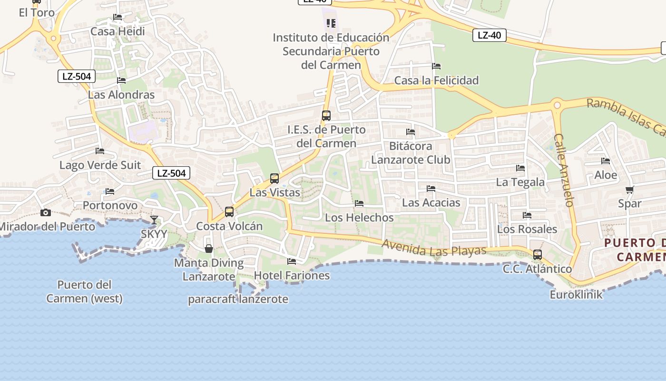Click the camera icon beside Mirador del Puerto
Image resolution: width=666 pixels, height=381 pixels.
coord(45,212)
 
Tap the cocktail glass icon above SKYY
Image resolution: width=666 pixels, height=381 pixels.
coord(154,220)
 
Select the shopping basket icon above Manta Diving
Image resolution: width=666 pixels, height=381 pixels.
coord(208,249)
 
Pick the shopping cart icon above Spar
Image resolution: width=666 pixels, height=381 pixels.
coord(630,190)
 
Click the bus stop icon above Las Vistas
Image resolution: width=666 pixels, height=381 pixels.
coord(274,179)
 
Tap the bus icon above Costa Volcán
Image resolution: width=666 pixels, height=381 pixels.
coord(229,212)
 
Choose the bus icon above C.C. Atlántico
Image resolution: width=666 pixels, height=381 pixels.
coord(538,255)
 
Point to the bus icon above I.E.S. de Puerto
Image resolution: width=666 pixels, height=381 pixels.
coord(326,116)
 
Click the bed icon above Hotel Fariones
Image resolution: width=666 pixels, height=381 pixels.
coord(292,261)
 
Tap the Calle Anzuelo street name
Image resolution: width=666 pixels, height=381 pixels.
coord(564,170)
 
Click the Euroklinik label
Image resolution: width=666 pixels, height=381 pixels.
coord(576,294)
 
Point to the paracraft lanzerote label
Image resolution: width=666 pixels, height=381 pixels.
coord(238,299)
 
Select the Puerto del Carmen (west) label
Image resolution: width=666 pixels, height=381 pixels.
coord(84,291)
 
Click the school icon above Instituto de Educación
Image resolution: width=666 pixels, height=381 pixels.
coord(331,23)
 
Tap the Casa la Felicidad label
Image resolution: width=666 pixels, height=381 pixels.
coord(436,80)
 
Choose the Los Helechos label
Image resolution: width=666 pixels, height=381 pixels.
coord(359,218)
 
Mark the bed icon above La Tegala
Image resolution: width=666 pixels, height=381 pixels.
coord(520,168)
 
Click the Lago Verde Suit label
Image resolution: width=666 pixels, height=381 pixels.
coord(100,165)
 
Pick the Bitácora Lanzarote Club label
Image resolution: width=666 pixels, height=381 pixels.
coord(411,152)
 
